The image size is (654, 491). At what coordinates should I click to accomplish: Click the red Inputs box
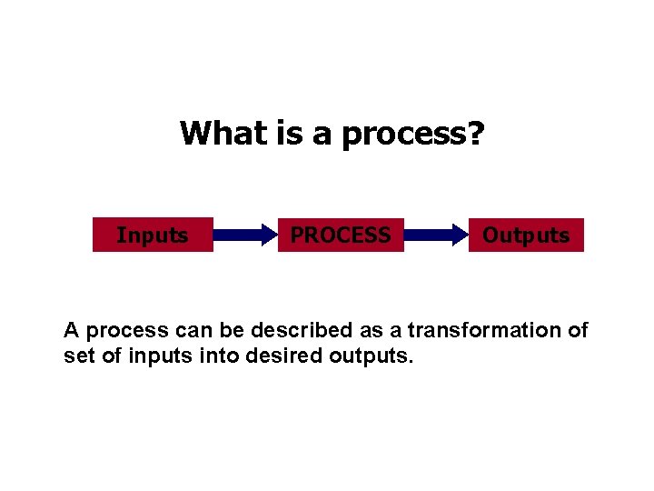pos(153,235)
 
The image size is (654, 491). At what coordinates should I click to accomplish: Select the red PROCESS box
pos(341,235)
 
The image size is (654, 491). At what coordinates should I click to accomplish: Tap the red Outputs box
pos(525,235)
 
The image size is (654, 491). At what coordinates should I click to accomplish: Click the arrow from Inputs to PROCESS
pos(245,235)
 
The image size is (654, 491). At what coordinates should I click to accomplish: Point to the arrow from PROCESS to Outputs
pos(434,235)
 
